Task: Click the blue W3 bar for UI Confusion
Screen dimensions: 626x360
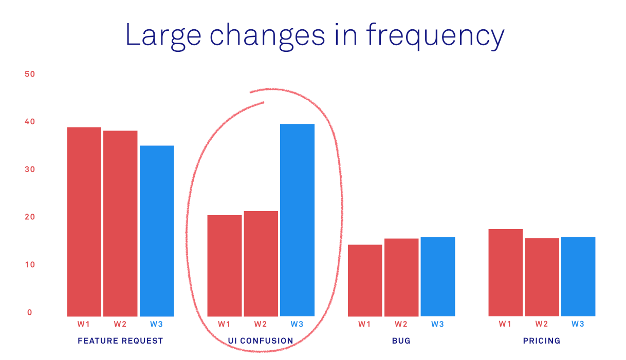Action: tap(297, 220)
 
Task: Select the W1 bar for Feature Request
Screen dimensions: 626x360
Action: tap(84, 222)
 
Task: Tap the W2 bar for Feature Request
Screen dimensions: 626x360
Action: tap(120, 223)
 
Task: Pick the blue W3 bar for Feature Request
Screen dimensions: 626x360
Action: tap(157, 231)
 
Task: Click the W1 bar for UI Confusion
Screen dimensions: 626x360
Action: tap(225, 266)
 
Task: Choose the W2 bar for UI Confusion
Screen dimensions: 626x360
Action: tap(261, 263)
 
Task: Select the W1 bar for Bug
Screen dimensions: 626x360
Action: tap(365, 280)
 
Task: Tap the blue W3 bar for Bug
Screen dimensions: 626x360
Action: tap(438, 277)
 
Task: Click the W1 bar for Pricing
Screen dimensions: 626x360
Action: tap(506, 273)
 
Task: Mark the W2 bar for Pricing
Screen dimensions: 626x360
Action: tap(542, 277)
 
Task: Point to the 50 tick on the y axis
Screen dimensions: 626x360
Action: tap(30, 74)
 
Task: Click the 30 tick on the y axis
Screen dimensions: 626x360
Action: tap(30, 169)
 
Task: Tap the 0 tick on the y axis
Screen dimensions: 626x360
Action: tap(30, 312)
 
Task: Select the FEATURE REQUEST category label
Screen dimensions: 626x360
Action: tap(120, 340)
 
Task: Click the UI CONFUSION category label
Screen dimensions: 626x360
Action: tap(261, 340)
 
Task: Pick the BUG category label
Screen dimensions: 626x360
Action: tap(401, 340)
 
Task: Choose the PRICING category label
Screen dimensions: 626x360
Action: tap(542, 340)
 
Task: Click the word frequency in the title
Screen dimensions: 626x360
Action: tap(435, 36)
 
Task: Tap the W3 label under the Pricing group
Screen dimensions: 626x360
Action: tap(578, 324)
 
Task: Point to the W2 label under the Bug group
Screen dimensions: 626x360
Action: tap(401, 324)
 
